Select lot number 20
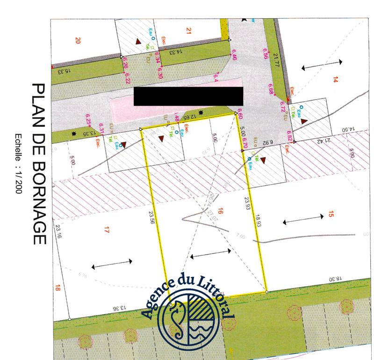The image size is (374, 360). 78,41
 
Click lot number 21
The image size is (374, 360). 188,31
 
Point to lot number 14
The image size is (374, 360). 335,79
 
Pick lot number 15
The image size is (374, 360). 331,214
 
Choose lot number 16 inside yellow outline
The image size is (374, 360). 220,212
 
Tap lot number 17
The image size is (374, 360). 107,229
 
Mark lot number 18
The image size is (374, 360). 58,288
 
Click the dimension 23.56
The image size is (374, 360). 151,218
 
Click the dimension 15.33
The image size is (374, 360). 61,71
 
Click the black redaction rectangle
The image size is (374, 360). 188,96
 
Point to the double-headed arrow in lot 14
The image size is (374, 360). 322,66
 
